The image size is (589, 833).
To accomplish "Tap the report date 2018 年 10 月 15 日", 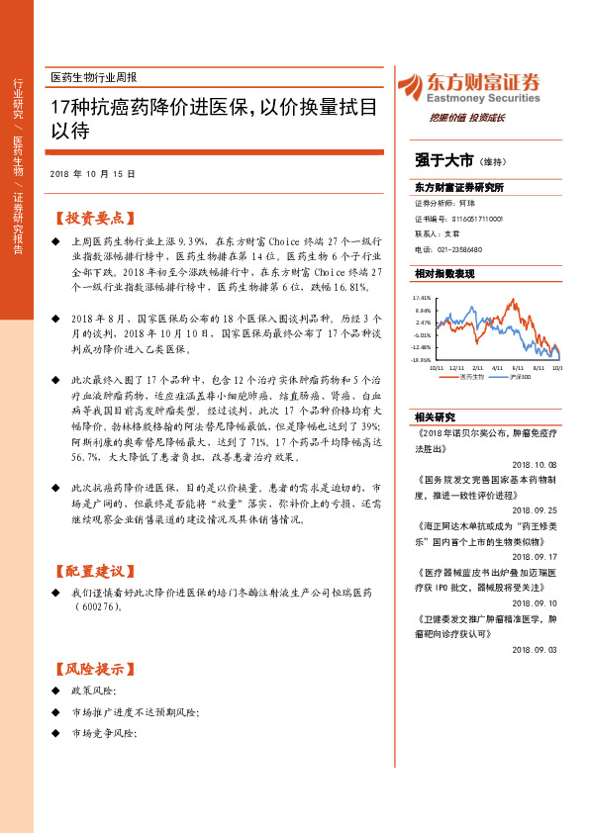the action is pyautogui.click(x=92, y=172).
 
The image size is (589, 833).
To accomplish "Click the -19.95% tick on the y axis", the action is pyautogui.click(x=423, y=360).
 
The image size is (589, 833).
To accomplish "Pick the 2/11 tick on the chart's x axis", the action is pyautogui.click(x=477, y=367).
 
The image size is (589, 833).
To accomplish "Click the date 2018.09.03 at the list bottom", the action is pyautogui.click(x=536, y=649).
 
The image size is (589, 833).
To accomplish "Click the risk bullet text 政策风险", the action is pyautogui.click(x=94, y=689).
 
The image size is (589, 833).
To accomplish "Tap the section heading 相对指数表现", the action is pyautogui.click(x=444, y=273).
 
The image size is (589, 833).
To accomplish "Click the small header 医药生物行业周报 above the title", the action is pyautogui.click(x=94, y=76).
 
